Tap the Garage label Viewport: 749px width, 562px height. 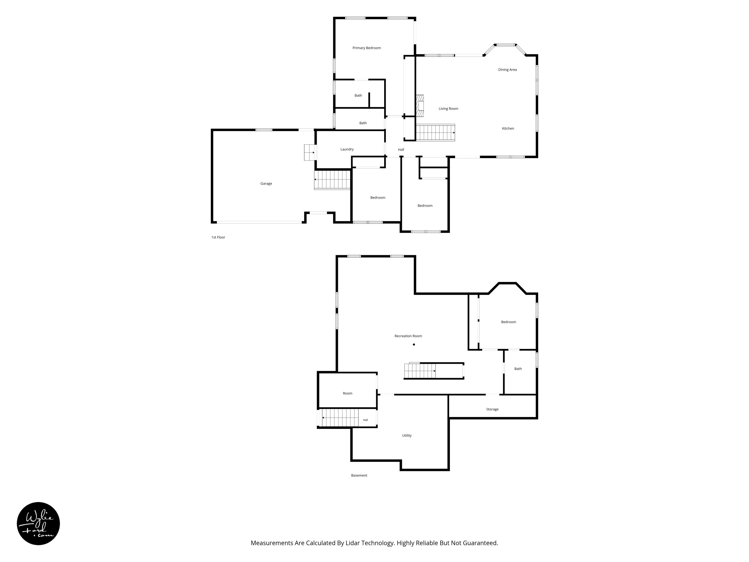pos(266,184)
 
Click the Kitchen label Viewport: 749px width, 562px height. pos(508,128)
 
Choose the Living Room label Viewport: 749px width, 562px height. pos(448,109)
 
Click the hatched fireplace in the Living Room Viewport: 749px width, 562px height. pos(420,106)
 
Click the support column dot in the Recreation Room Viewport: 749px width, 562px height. pos(414,344)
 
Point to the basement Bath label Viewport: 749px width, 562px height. pos(518,369)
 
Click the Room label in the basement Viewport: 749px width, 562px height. pos(347,393)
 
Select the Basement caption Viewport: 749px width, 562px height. pos(359,476)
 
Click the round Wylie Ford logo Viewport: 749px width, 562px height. pos(38,523)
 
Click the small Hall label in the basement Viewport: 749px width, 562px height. pos(365,420)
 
